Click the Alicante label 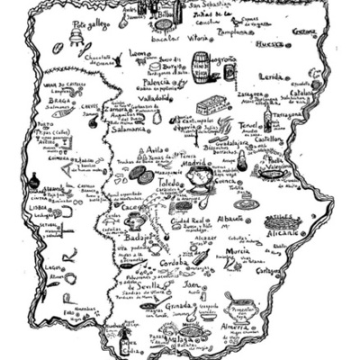[x=284, y=232]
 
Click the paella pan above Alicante [x=282, y=219]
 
